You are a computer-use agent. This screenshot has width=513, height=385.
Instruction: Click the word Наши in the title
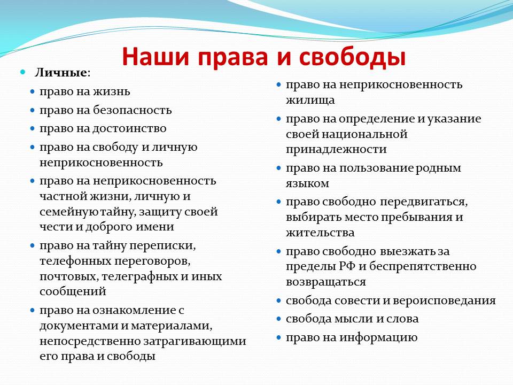[x=156, y=57]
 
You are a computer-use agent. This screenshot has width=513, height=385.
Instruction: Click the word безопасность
[x=132, y=110]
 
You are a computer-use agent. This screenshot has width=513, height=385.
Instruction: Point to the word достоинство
[x=129, y=128]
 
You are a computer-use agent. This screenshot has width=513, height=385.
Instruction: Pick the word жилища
[x=310, y=100]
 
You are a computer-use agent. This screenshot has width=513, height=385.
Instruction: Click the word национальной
[x=365, y=134]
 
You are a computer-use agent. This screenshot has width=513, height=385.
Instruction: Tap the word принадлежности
[x=336, y=150]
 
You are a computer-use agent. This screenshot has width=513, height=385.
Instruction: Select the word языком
[x=308, y=183]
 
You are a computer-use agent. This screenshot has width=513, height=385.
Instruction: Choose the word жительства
[x=320, y=233]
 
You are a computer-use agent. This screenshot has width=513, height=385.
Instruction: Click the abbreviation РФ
[x=347, y=266]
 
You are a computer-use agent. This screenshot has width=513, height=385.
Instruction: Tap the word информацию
[x=378, y=338]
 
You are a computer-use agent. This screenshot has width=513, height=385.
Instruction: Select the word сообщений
[x=73, y=291]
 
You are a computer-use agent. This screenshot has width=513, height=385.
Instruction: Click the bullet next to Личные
[x=22, y=72]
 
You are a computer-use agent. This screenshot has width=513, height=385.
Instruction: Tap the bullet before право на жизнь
[x=32, y=91]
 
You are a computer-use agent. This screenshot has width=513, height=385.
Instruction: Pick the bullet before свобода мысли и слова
[x=278, y=319]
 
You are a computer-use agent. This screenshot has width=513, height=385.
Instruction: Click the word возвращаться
[x=326, y=282]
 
